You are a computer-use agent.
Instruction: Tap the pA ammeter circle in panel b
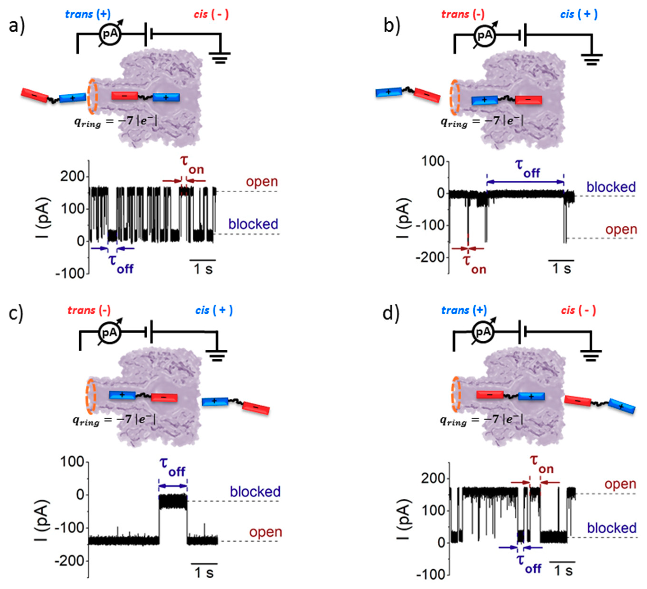point(485,35)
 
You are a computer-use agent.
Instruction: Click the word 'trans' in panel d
point(455,310)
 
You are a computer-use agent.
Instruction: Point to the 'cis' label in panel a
point(201,14)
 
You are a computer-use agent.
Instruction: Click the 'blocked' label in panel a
point(253,224)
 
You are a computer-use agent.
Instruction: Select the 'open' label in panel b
point(621,229)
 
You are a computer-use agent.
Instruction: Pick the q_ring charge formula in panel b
point(482,121)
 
